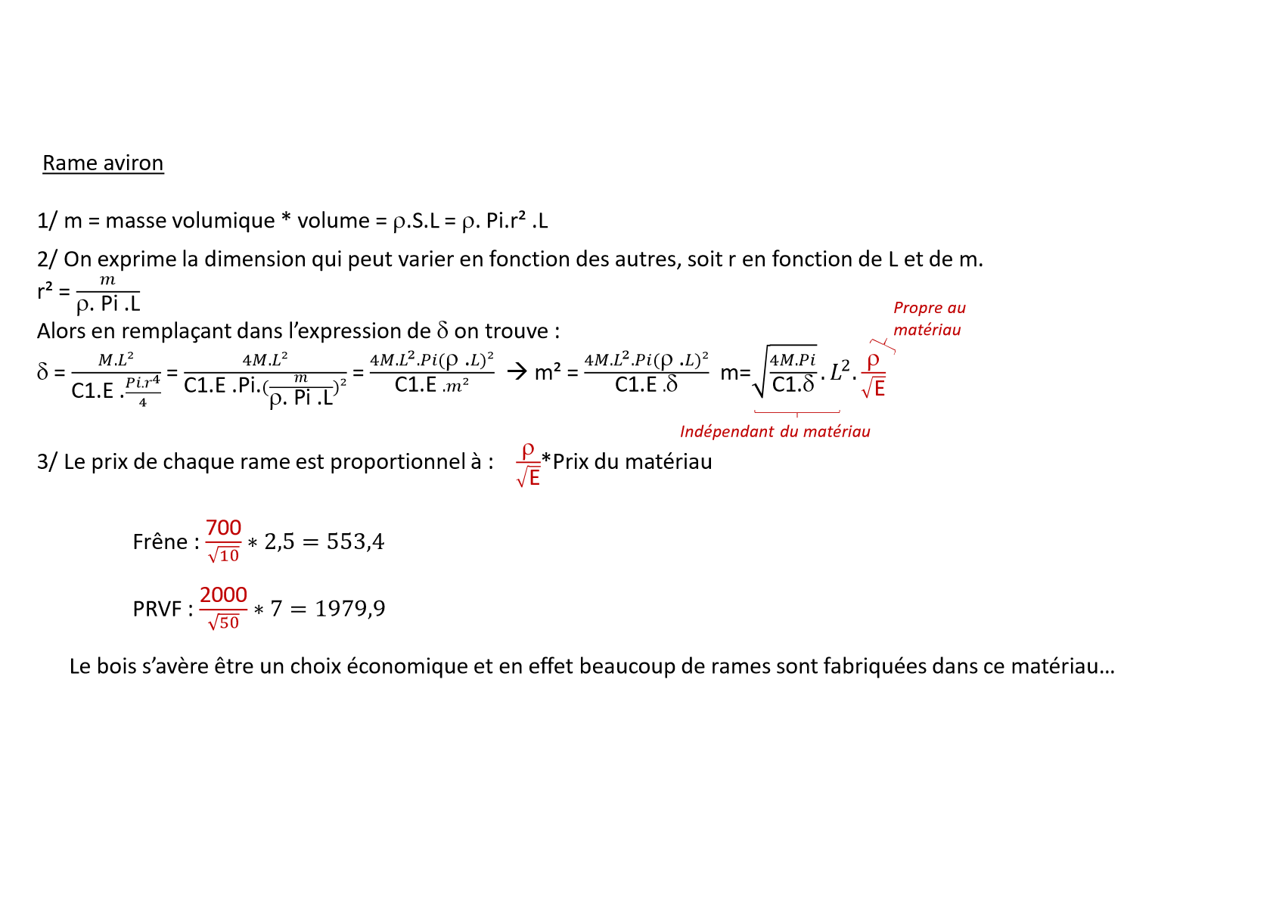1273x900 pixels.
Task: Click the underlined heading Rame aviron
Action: point(103,163)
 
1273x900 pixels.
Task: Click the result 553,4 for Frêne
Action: point(356,542)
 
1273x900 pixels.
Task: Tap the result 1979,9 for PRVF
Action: point(350,608)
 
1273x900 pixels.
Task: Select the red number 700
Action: point(223,527)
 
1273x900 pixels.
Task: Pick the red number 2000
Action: point(223,594)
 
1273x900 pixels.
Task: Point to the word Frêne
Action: point(160,542)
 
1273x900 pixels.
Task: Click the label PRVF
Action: point(157,609)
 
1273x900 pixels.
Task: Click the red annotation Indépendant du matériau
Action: point(775,431)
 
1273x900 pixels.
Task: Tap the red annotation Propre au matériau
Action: point(929,318)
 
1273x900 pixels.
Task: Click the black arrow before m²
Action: point(517,371)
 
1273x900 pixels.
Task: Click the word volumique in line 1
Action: point(225,221)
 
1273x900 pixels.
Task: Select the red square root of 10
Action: point(224,555)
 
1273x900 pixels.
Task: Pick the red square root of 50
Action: point(224,622)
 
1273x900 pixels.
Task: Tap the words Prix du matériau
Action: point(632,461)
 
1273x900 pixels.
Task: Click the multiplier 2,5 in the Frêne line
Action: point(279,542)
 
